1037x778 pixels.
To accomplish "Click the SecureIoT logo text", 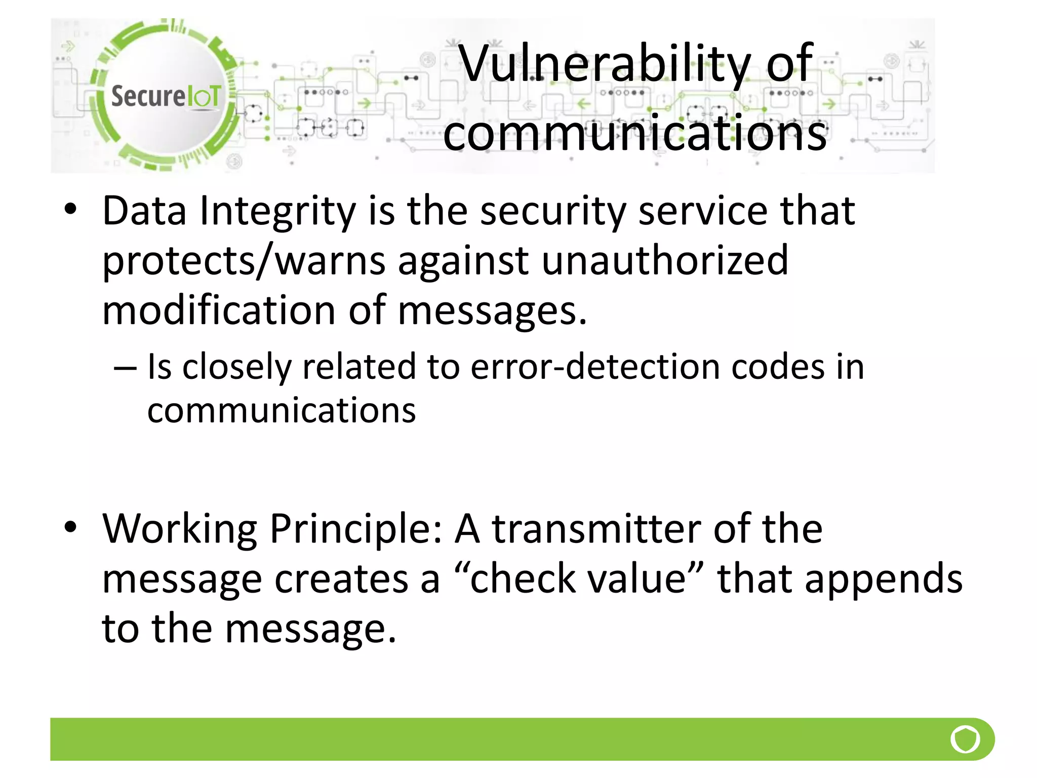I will pos(166,96).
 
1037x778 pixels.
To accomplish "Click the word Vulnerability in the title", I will pos(605,64).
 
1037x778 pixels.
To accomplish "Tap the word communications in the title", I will pos(635,133).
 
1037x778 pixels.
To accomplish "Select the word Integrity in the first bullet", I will pos(277,211).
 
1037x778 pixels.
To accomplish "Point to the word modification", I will pos(219,310).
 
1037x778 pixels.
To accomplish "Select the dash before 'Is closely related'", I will pos(125,368).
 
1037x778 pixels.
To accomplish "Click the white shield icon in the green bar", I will pos(965,739).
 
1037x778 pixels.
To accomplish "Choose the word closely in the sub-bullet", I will pos(236,367).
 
